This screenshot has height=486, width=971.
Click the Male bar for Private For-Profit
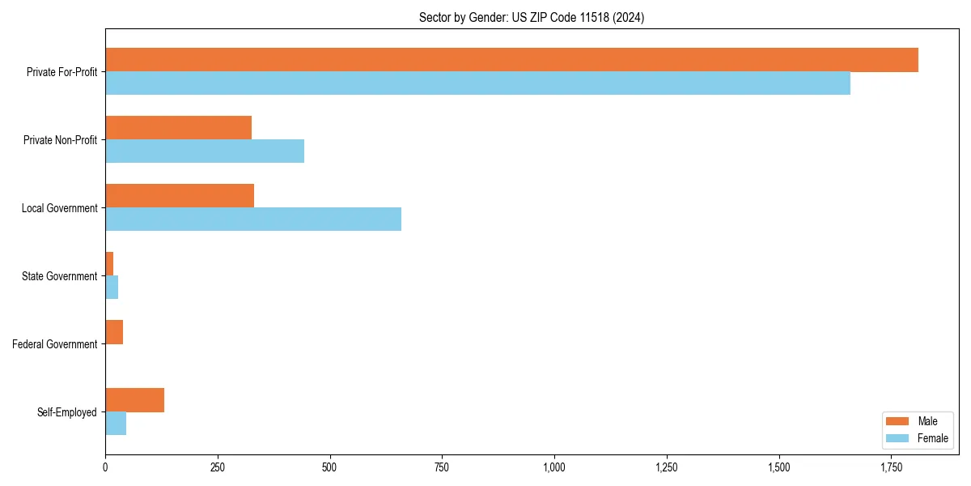point(511,60)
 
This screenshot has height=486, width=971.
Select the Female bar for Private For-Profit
point(477,83)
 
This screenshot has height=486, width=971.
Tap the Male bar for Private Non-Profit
point(178,128)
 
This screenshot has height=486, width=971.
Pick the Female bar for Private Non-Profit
point(205,151)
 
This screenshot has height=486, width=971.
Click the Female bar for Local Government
point(253,220)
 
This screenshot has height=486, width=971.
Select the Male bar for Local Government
point(180,196)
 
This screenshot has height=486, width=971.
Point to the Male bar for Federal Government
point(114,332)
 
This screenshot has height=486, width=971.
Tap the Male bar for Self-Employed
point(134,400)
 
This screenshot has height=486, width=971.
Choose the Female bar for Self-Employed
point(116,424)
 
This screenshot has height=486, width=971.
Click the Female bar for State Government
point(112,288)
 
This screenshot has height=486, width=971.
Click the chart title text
point(532,17)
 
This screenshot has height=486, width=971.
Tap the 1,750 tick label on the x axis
point(891,467)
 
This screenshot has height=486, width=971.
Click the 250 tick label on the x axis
point(217,467)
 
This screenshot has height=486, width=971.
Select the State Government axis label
point(59,276)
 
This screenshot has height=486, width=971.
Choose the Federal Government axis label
point(55,344)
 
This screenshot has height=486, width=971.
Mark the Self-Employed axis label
point(67,412)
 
